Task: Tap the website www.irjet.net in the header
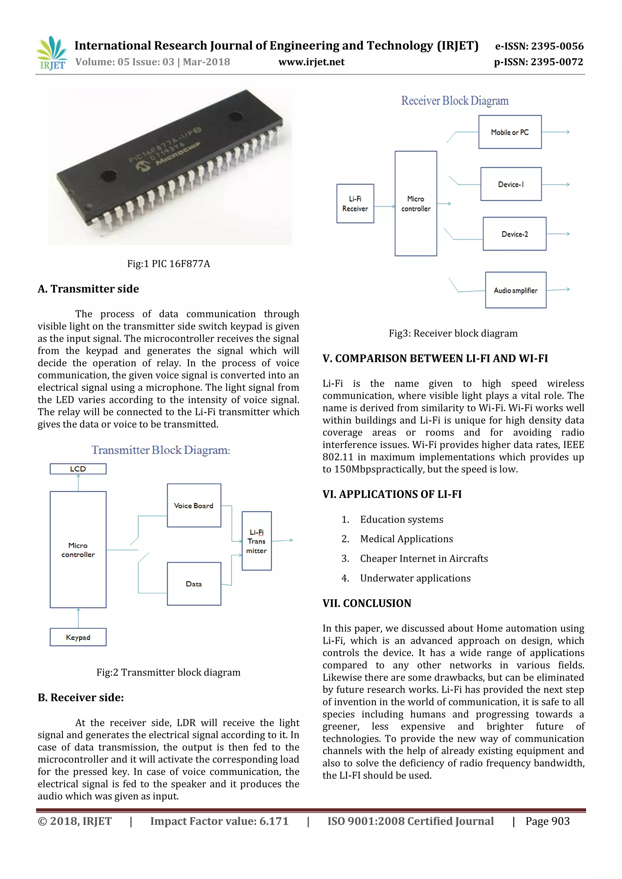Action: point(311,62)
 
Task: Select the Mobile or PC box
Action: point(510,132)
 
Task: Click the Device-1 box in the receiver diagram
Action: point(511,184)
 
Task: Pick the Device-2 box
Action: point(514,234)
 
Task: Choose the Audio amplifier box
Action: point(515,290)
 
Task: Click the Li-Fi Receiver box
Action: point(355,204)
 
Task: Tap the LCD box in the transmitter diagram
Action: point(78,469)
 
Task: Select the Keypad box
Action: point(78,637)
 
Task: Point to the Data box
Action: point(194,584)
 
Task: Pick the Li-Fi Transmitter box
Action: point(257,541)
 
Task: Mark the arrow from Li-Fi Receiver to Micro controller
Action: point(384,206)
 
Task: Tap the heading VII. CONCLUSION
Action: point(367,603)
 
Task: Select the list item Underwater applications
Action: point(415,578)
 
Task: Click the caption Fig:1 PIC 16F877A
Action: point(169,264)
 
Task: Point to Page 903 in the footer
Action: point(547,821)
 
